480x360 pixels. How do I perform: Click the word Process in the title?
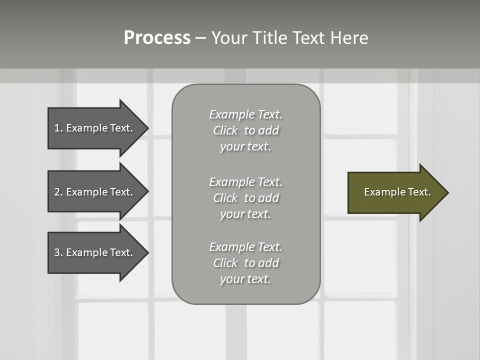pos(157,38)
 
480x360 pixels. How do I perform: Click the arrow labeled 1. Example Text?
pos(95,128)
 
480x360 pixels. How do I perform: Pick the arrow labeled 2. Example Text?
pos(95,192)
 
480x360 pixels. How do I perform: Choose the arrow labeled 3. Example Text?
pos(95,252)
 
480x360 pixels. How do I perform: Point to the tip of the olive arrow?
pos(447,192)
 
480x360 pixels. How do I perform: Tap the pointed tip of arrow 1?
pos(147,128)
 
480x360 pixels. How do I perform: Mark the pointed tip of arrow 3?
pos(147,252)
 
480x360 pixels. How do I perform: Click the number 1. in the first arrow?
pos(58,128)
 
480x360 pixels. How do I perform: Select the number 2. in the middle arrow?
pos(58,192)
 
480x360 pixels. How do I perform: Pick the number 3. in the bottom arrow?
pos(58,252)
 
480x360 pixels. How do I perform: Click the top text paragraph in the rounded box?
pos(245,130)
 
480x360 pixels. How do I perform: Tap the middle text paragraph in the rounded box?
pos(245,198)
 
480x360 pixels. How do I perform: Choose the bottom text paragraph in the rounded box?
pos(245,263)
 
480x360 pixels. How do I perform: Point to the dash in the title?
pos(200,38)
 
